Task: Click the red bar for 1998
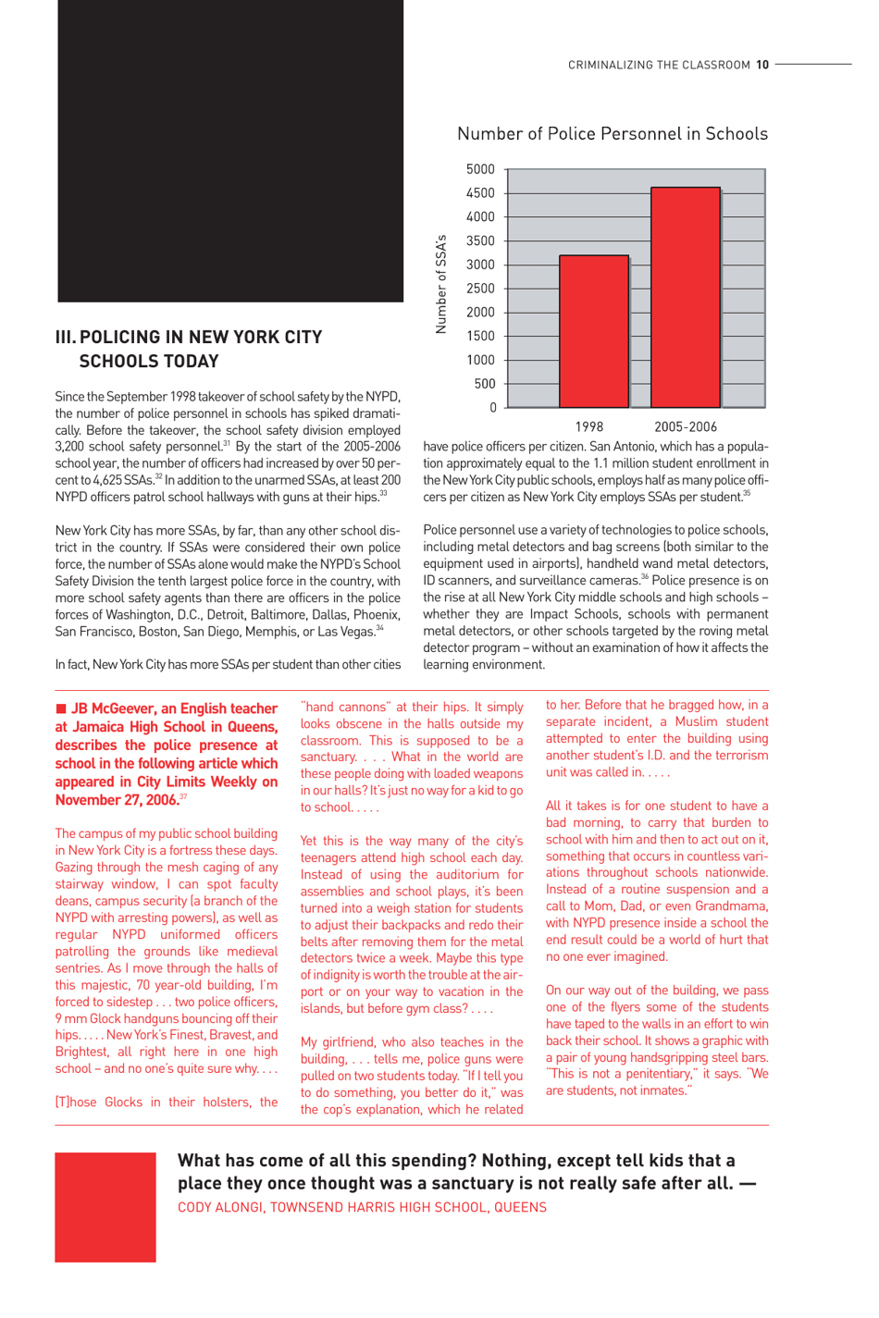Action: [x=594, y=331]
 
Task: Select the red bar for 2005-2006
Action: [x=685, y=297]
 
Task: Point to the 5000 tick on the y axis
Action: [x=480, y=169]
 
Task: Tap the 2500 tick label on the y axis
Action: [x=480, y=289]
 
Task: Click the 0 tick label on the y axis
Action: [x=492, y=408]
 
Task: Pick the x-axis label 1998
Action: [x=588, y=427]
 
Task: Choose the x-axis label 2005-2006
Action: [x=685, y=427]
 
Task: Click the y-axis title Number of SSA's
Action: [x=441, y=284]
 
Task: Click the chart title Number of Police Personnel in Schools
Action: [x=612, y=134]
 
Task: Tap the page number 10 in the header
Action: [x=762, y=65]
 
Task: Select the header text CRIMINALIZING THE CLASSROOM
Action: [x=659, y=65]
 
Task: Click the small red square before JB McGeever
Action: [x=61, y=708]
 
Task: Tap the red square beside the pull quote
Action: [x=105, y=1207]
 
